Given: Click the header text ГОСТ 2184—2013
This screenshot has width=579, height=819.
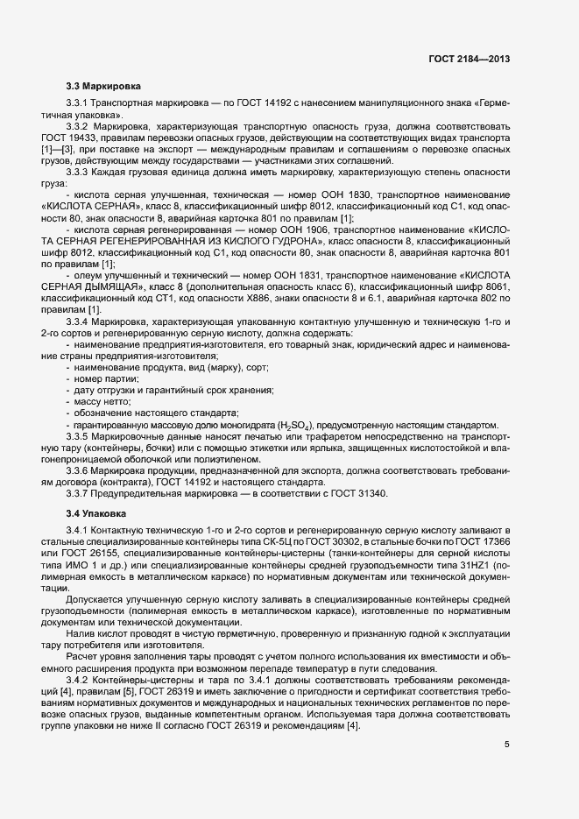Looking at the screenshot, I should [x=470, y=59].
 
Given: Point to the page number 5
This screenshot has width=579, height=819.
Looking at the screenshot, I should [x=506, y=745].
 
